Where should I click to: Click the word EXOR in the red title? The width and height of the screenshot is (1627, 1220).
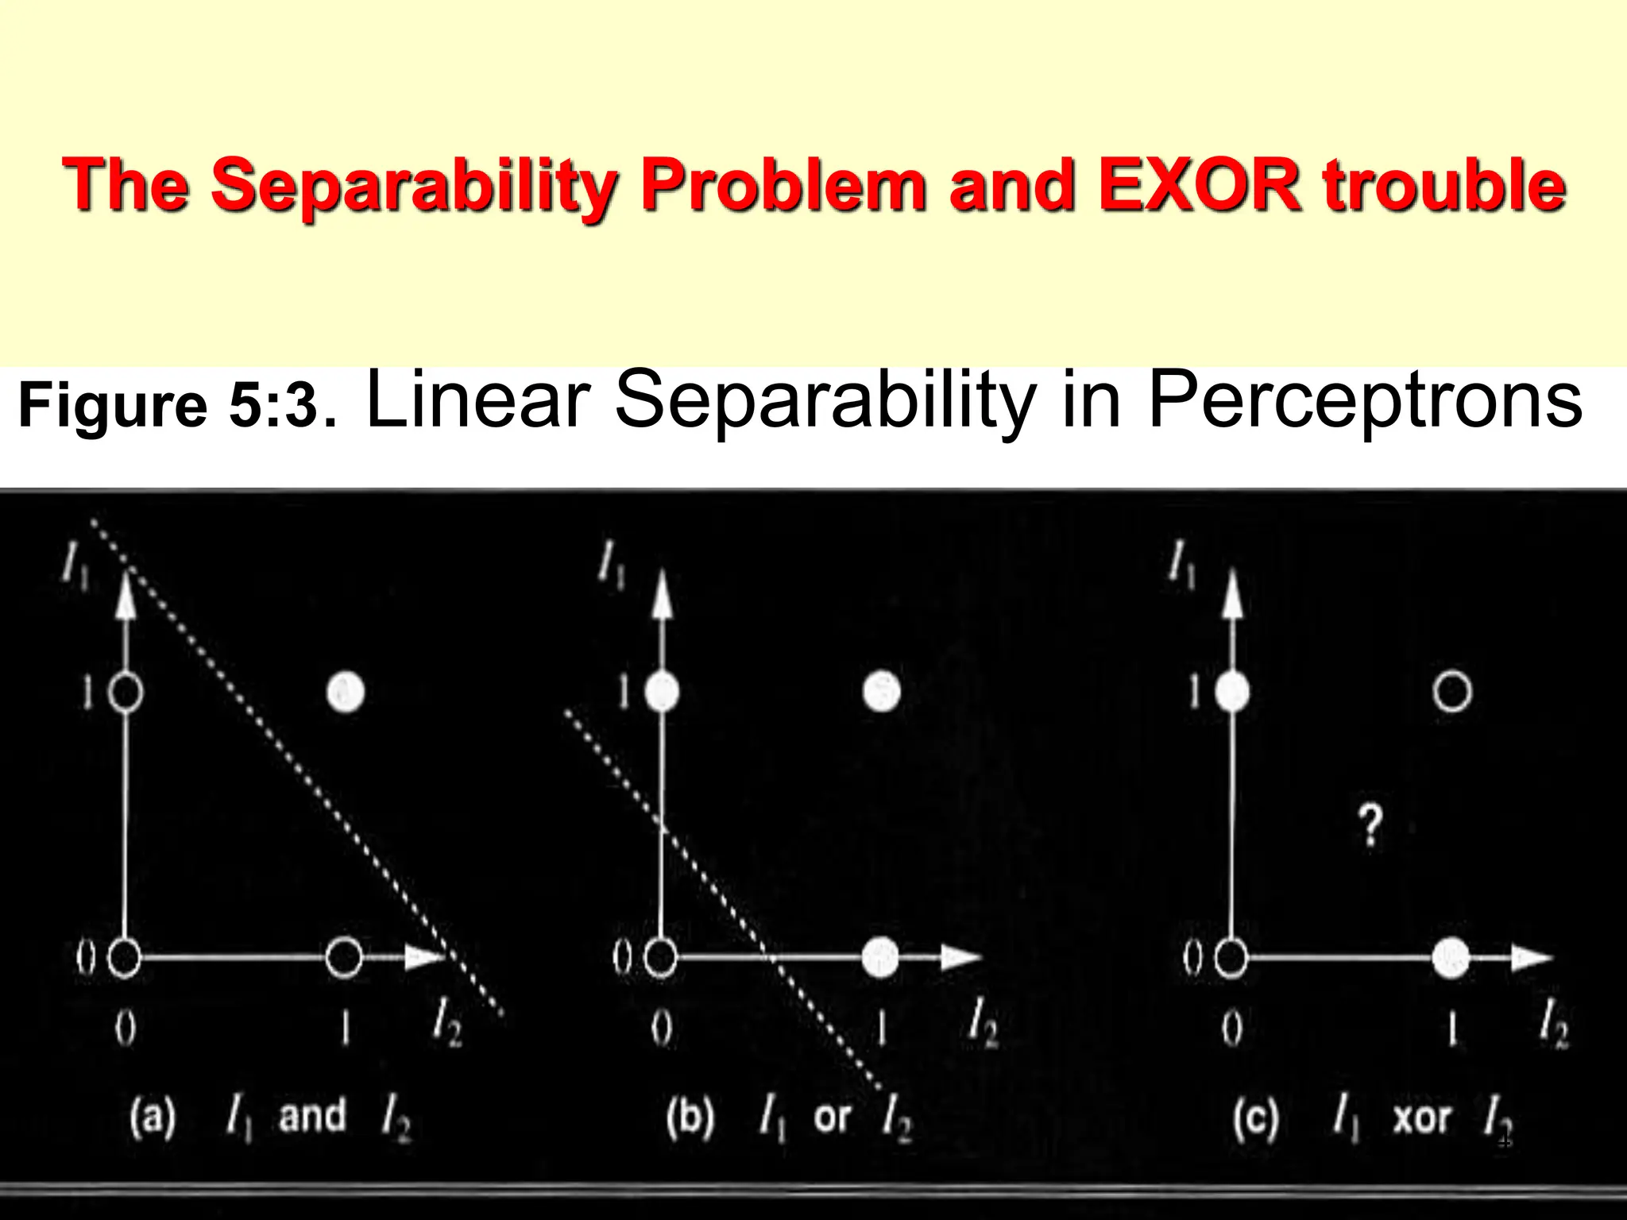tap(1200, 184)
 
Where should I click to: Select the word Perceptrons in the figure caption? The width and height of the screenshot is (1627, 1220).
tap(1365, 400)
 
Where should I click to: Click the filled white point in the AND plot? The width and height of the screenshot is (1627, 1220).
tap(346, 692)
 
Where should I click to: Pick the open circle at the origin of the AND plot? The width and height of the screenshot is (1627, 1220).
tap(124, 957)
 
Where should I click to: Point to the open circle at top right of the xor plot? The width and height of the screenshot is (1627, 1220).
tap(1451, 691)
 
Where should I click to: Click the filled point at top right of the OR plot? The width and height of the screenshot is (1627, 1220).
tap(881, 691)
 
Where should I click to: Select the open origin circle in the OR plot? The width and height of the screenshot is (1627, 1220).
tap(660, 957)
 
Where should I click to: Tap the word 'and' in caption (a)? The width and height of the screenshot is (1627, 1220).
tap(312, 1115)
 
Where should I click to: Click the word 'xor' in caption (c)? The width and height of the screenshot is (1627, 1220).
tap(1422, 1118)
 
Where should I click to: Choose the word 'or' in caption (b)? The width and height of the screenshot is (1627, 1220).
tap(832, 1117)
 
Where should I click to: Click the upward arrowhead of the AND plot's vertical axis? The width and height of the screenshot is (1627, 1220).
tap(125, 595)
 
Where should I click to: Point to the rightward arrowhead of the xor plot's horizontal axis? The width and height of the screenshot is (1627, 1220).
tap(1531, 957)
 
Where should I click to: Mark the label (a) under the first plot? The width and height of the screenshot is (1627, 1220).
tap(152, 1117)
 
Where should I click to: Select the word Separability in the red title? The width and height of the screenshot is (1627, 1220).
tap(414, 184)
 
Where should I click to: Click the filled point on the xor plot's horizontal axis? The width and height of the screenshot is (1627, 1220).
tap(1451, 958)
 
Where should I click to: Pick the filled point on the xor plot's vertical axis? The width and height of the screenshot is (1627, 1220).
tap(1231, 692)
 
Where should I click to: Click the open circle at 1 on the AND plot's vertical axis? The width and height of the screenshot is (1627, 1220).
tap(125, 693)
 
